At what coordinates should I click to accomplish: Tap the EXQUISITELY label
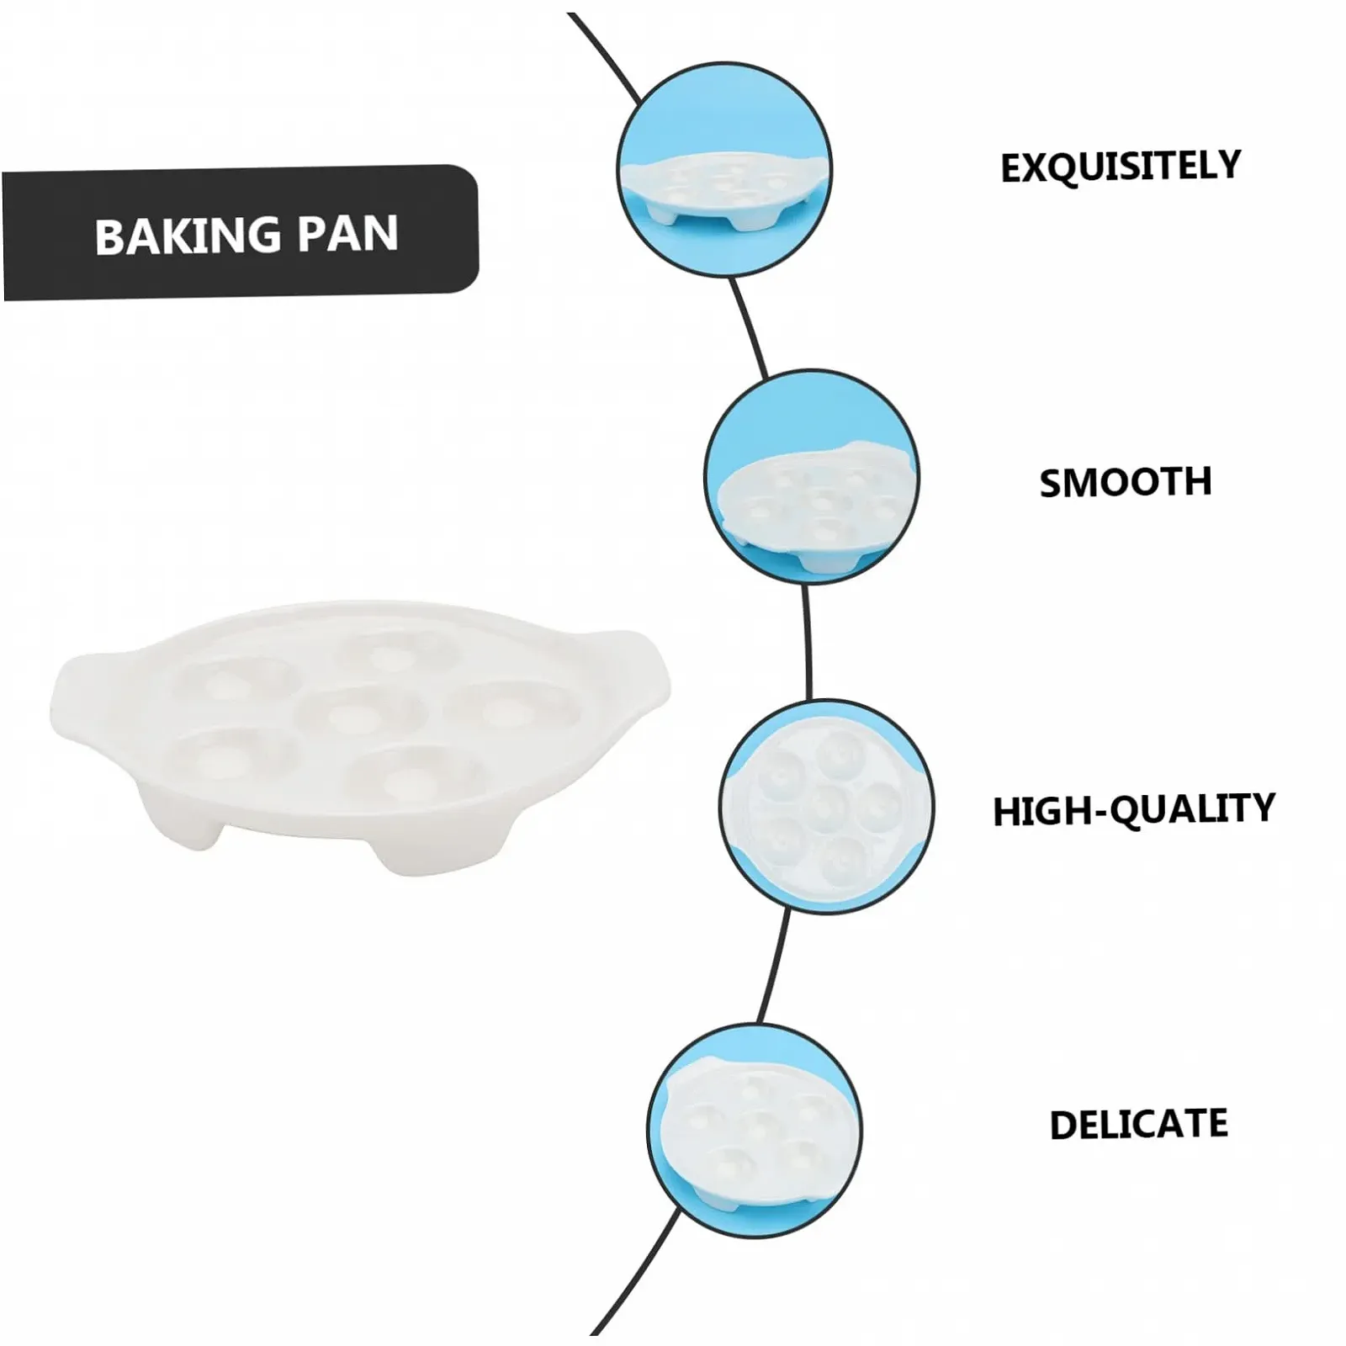point(1121,167)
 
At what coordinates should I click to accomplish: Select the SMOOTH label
point(1126,483)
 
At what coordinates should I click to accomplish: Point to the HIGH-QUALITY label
point(1133,809)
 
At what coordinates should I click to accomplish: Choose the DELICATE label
point(1138,1124)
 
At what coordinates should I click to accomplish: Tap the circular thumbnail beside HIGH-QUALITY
point(827,806)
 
